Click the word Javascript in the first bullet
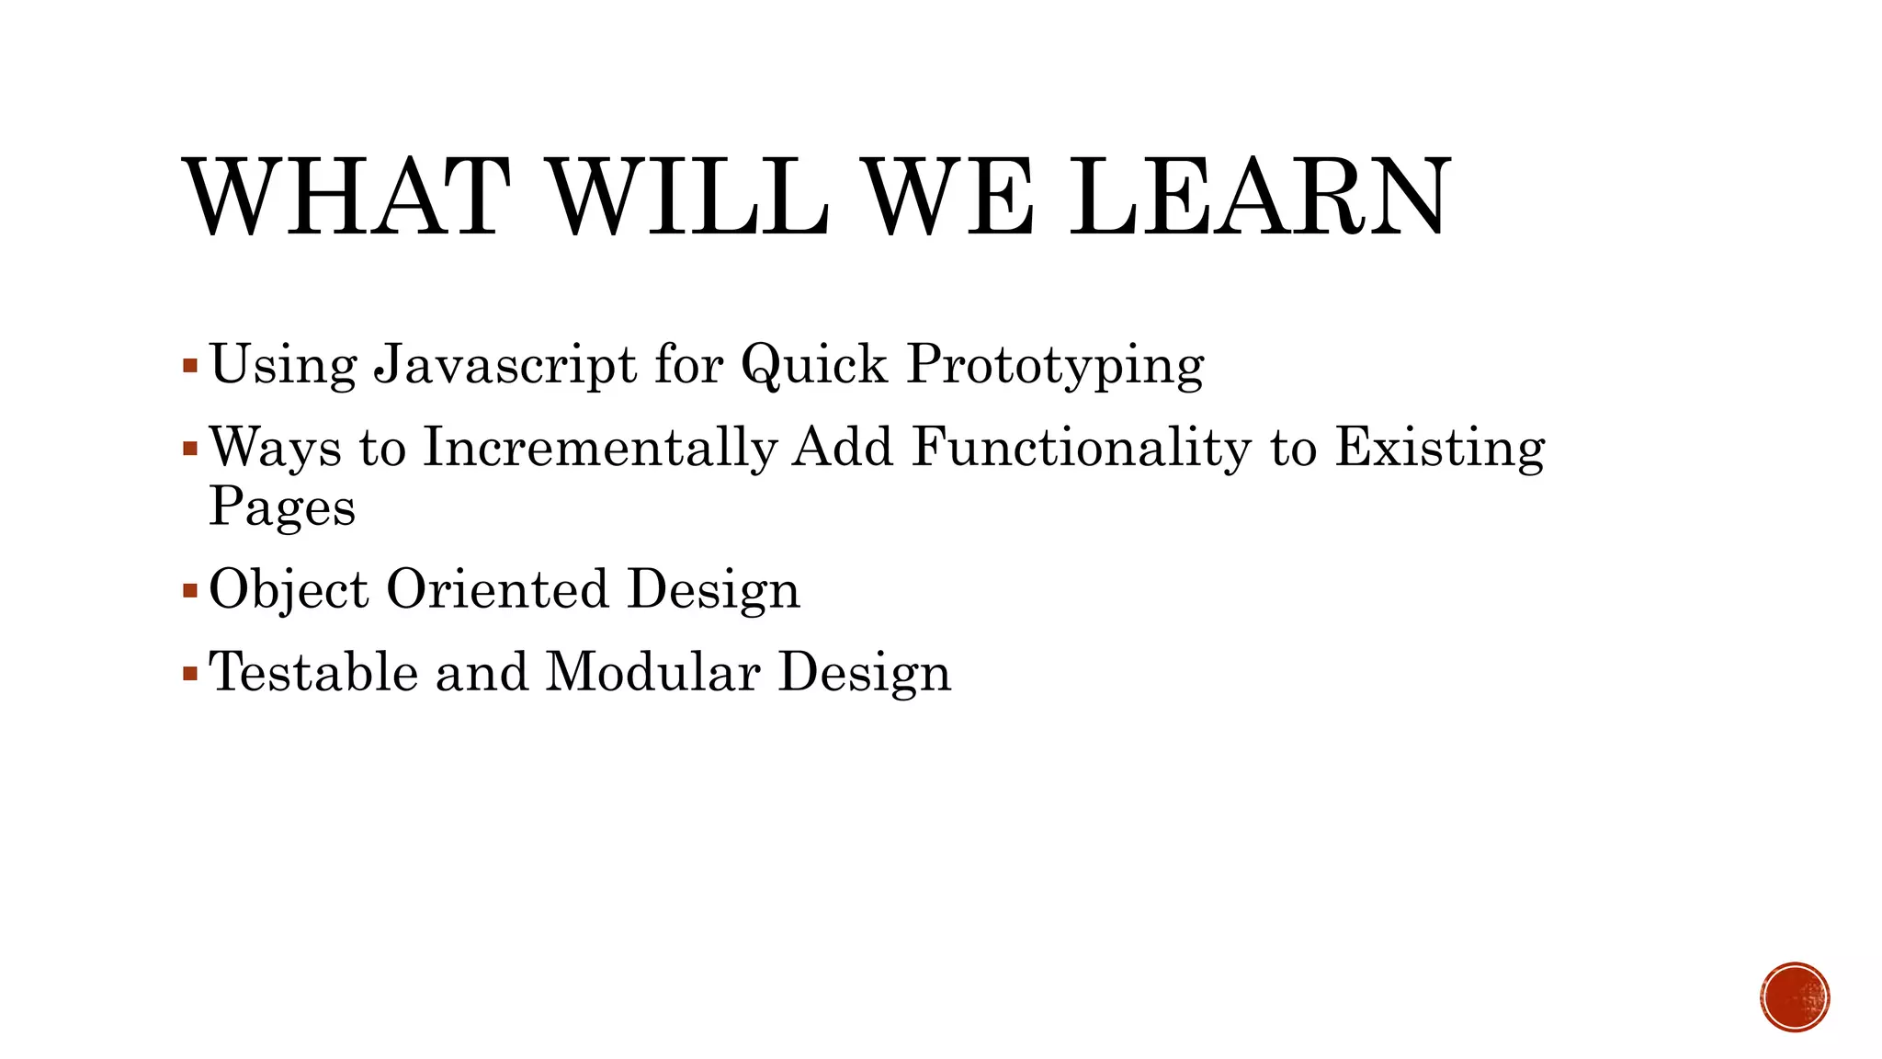click(x=505, y=365)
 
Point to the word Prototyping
click(x=1055, y=365)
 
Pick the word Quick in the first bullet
click(x=814, y=365)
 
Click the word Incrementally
click(x=600, y=449)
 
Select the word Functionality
click(x=1081, y=449)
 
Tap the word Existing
click(x=1439, y=449)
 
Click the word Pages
click(x=282, y=507)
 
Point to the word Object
click(x=289, y=589)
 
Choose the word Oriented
click(x=497, y=589)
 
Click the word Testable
click(x=313, y=672)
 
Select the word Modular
click(x=652, y=672)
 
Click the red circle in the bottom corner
click(x=1795, y=997)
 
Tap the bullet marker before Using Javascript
click(x=190, y=366)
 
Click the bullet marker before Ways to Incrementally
click(x=190, y=450)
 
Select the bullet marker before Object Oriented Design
click(x=190, y=590)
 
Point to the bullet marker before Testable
click(x=190, y=674)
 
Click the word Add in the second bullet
click(x=843, y=449)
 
